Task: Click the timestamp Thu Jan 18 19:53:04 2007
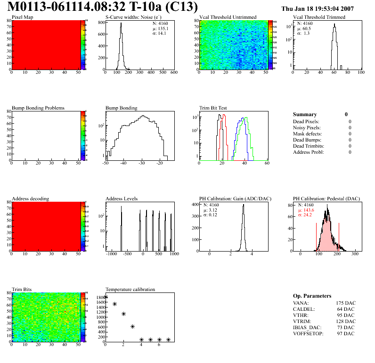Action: point(324,8)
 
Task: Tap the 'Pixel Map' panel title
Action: point(22,17)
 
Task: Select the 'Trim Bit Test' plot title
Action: point(213,108)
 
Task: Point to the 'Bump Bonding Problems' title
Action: point(38,108)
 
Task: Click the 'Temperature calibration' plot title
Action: point(130,289)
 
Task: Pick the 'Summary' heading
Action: point(305,114)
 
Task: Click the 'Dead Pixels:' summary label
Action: point(306,121)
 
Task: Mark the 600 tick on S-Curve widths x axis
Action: point(173,73)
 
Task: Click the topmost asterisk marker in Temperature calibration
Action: point(106,297)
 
